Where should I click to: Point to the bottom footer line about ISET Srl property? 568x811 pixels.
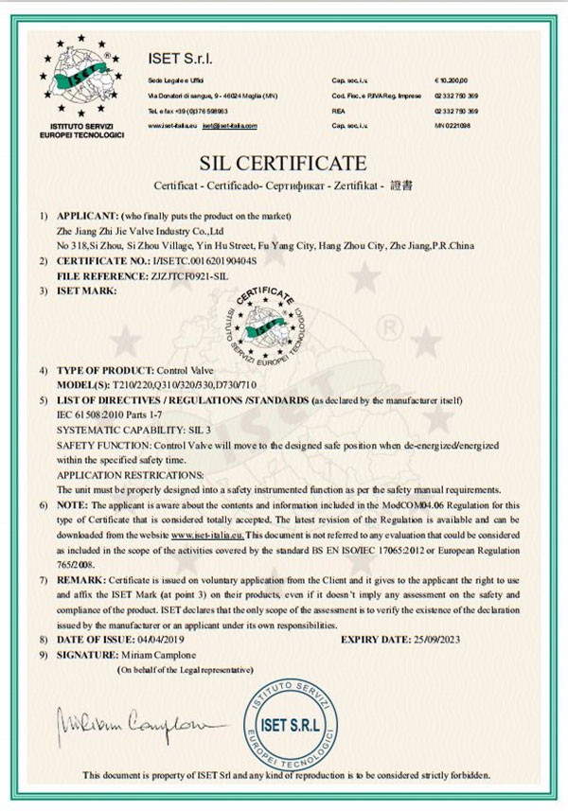click(285, 775)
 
